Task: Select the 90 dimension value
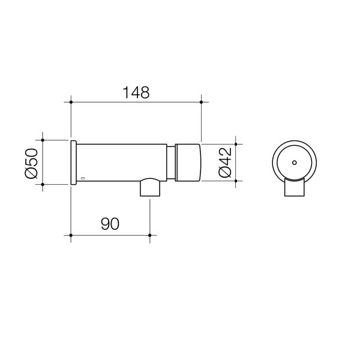tap(109, 224)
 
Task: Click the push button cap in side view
tap(189, 162)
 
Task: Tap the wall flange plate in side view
tap(73, 162)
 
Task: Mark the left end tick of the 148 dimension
tap(71, 103)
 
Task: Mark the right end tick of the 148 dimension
tap(201, 103)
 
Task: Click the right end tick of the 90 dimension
tap(149, 235)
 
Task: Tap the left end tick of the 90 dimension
tap(71, 235)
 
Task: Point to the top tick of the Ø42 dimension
tap(236, 144)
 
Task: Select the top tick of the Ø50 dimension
tap(43, 140)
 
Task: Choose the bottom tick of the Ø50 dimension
tap(43, 184)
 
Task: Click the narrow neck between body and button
tap(171, 162)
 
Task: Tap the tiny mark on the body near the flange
tap(83, 178)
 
